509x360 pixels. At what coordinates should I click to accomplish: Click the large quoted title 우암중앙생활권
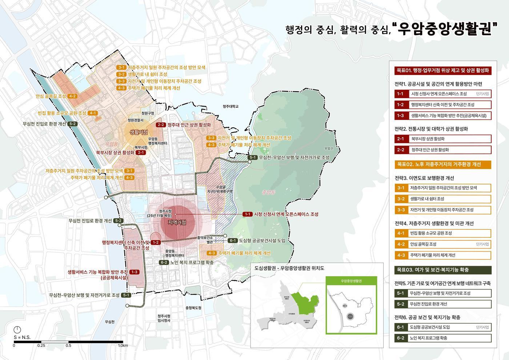point(448,29)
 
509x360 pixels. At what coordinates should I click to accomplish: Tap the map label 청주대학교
point(231,107)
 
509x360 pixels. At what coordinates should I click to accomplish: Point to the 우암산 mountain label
point(328,148)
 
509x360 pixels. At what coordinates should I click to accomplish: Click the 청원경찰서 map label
point(135,120)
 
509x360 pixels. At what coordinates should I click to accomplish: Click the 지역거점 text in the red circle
point(177,223)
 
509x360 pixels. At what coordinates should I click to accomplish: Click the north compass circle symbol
point(17,330)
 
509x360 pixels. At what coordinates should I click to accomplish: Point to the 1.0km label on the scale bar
point(123,345)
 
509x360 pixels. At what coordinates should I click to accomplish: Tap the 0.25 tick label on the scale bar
point(41,345)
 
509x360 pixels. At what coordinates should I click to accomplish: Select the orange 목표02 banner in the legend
point(443,164)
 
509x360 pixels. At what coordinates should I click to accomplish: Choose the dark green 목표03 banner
point(443,270)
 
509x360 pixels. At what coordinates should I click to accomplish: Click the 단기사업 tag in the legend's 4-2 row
point(482,244)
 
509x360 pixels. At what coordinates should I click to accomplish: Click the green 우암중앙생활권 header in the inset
point(351,281)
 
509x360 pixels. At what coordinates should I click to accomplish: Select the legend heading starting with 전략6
point(427,317)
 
